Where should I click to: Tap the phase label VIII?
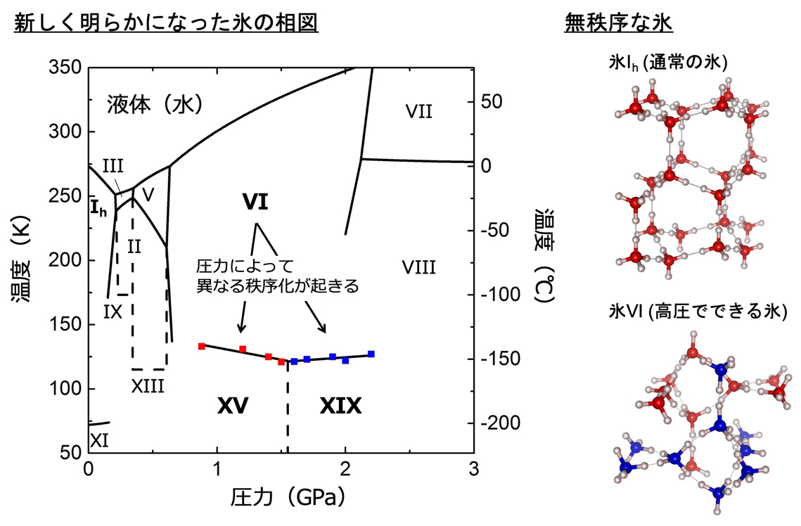coord(419,267)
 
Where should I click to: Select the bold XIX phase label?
coord(340,406)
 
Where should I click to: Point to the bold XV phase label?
coord(233,406)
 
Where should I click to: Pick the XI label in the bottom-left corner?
coord(100,440)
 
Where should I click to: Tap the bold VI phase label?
coord(255,202)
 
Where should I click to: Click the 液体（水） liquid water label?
coord(155,105)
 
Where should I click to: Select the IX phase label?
coord(113,311)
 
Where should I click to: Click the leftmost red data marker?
coord(202,346)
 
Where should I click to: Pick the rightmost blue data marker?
coord(371,354)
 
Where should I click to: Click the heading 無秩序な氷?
coord(619,24)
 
